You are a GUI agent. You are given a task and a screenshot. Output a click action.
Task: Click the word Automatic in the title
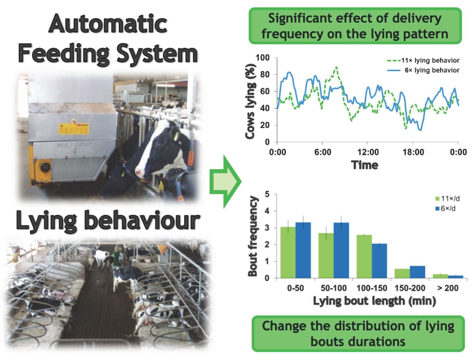point(108,24)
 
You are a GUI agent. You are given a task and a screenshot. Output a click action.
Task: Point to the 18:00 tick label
point(413,152)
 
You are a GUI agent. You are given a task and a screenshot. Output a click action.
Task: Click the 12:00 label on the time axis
point(368,152)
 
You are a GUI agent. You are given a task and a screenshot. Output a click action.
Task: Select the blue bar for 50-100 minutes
point(341,250)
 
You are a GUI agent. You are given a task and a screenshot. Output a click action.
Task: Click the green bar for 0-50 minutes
point(288,252)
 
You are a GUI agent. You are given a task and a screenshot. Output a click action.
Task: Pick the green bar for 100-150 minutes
point(364,256)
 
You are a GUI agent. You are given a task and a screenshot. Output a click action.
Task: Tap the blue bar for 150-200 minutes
point(417,272)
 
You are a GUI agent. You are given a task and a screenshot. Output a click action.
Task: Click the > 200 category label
point(448,288)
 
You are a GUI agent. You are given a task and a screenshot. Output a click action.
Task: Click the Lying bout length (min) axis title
point(375,301)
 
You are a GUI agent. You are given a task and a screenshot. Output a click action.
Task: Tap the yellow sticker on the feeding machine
point(74,129)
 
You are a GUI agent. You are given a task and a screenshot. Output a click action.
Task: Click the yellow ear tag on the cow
point(176,136)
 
